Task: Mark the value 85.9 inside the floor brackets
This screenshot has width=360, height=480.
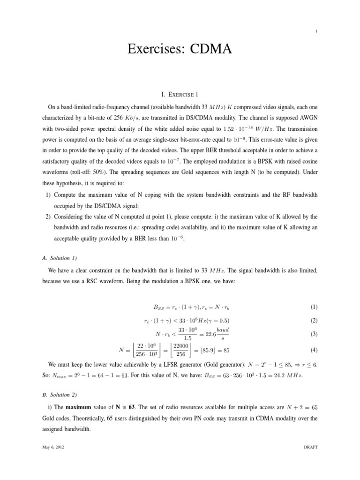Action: coord(206,350)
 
